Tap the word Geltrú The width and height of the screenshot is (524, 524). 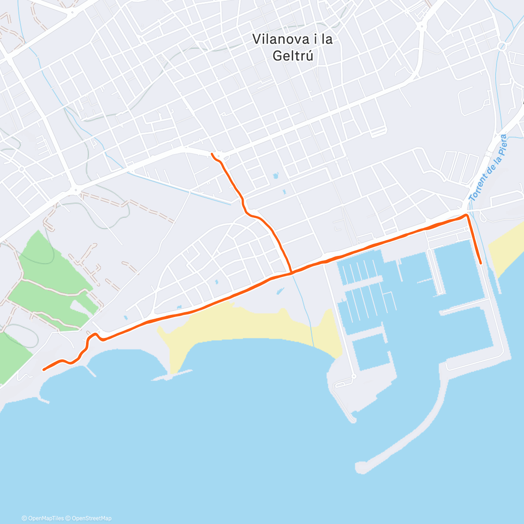pos(293,56)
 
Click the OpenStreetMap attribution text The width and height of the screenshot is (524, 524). pos(91,518)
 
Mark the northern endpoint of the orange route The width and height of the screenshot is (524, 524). pos(212,154)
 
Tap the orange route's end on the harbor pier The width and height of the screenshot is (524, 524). pos(481,263)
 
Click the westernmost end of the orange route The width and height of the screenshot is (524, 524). pos(43,370)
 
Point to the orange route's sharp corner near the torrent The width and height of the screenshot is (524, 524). pos(467,215)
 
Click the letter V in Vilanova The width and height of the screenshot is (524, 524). pos(256,39)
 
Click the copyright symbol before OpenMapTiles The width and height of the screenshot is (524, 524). pos(24,518)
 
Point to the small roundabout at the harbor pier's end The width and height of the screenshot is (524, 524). pos(354,376)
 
